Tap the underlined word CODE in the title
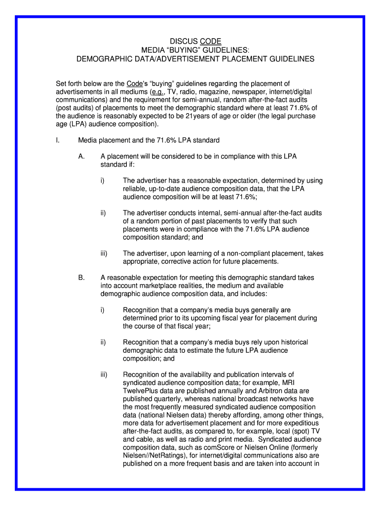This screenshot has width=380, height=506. coord(211,41)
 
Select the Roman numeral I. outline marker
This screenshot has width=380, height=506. coord(58,140)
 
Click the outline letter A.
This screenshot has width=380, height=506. coord(81,156)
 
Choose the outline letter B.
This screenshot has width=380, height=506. coord(81,278)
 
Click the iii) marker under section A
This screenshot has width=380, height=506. coord(104,253)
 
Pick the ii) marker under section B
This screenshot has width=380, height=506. coord(103,342)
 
